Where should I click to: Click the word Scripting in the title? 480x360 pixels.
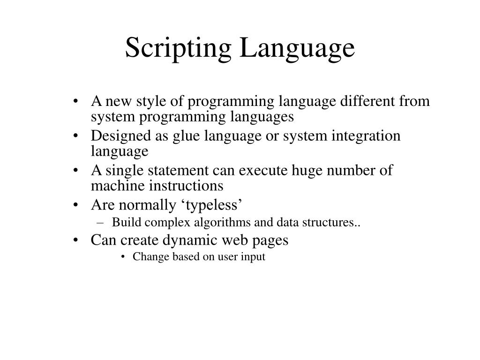click(x=179, y=49)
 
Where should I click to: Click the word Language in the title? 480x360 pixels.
click(x=297, y=49)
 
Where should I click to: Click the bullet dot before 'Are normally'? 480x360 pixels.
click(x=77, y=205)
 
